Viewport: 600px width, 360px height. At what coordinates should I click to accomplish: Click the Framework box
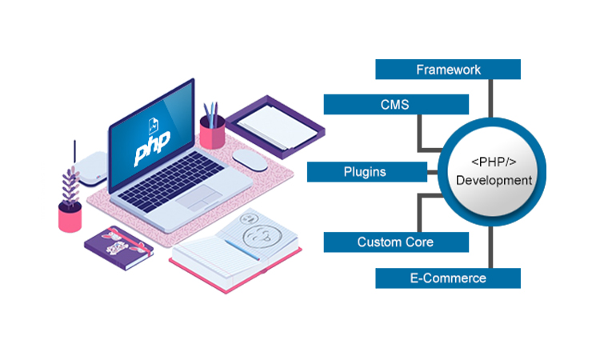(448, 70)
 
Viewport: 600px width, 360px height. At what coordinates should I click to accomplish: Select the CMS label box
(396, 104)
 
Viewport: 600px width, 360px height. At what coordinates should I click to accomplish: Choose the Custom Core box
(396, 242)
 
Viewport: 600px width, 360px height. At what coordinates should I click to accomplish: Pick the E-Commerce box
(448, 278)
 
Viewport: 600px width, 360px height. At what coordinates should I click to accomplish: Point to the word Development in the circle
(494, 181)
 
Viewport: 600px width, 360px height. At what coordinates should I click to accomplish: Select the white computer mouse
(254, 160)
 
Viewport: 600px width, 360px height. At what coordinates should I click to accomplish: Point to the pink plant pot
(70, 217)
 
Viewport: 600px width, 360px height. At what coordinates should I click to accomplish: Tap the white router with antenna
(90, 165)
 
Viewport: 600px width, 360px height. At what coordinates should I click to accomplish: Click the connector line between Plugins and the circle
(433, 172)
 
